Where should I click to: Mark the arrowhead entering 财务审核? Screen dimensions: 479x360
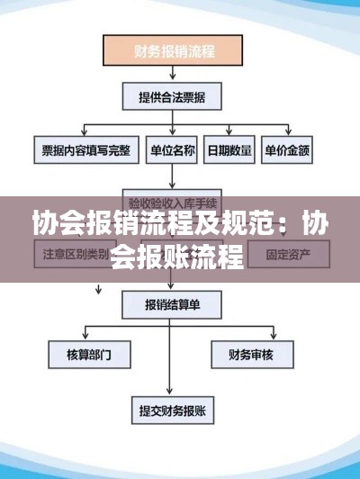pyautogui.click(x=255, y=338)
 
